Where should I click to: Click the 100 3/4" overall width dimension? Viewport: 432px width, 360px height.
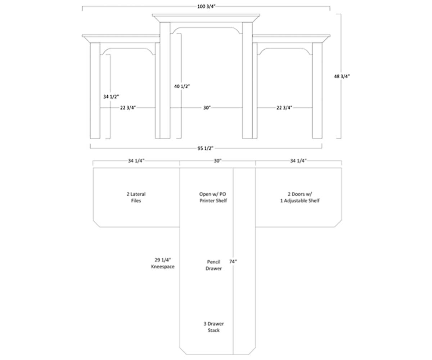point(206,6)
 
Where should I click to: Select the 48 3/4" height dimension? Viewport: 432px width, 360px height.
point(342,76)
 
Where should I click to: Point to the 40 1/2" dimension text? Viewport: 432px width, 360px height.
point(181,86)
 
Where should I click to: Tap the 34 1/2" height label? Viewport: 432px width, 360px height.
point(111,97)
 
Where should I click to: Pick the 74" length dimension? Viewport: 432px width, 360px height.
point(233,262)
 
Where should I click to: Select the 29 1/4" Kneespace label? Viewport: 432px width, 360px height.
point(163,263)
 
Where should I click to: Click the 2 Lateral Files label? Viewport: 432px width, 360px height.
point(136,197)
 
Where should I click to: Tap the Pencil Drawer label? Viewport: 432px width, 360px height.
point(213,265)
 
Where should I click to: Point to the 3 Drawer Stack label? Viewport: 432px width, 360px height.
point(213,327)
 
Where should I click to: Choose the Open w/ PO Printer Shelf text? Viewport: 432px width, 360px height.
point(213,197)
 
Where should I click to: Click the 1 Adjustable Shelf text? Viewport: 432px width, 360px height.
point(300,201)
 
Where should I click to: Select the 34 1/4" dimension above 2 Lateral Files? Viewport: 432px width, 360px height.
point(136,161)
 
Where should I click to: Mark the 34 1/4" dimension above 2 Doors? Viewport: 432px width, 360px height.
point(298,161)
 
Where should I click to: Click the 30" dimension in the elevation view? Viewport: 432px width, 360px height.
point(207,108)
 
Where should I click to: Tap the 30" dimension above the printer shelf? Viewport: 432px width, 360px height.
point(217,161)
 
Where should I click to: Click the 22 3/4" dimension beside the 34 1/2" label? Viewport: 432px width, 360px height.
point(128,108)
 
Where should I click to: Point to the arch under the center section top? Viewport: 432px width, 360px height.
point(206,28)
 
